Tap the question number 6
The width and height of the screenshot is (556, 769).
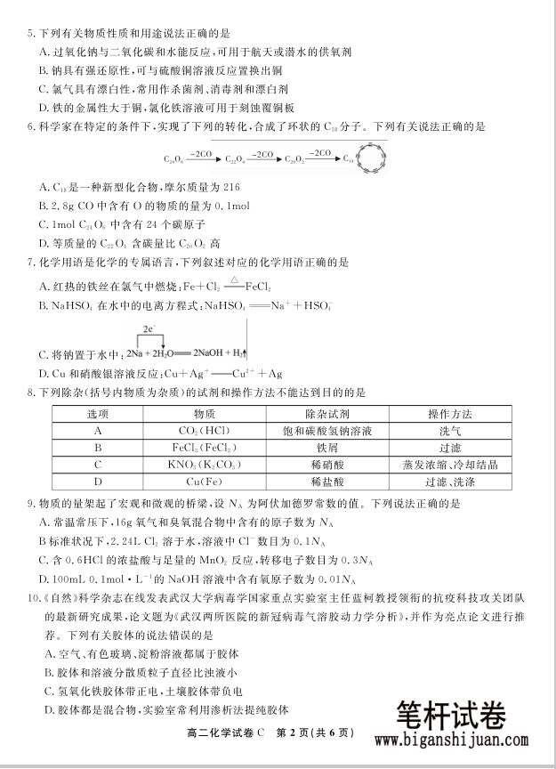coord(31,127)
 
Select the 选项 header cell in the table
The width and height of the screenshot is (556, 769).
coord(97,415)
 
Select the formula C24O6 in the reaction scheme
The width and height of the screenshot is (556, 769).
coord(173,160)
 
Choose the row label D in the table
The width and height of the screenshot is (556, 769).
coord(97,481)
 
